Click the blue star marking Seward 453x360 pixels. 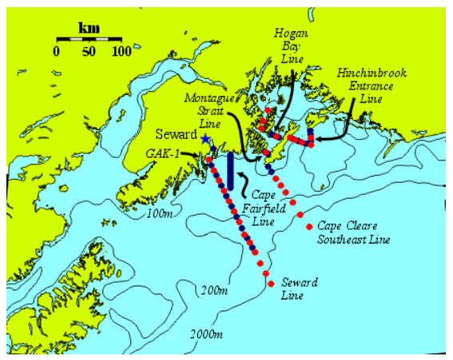pos(205,138)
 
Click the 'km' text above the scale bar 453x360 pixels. pos(88,28)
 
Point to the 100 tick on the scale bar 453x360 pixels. pos(121,51)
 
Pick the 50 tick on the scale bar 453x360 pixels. pos(89,51)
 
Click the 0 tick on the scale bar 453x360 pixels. pos(58,51)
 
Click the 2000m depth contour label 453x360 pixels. pos(206,333)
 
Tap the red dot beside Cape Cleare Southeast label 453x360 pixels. pos(309,226)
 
